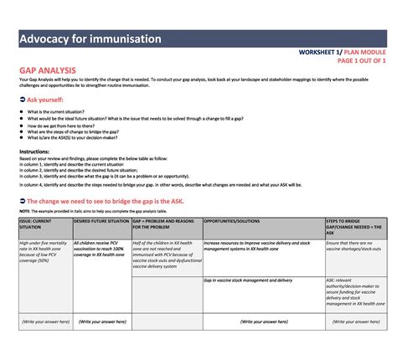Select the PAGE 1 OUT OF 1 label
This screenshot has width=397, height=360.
click(361, 60)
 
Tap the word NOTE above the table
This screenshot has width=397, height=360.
click(24, 211)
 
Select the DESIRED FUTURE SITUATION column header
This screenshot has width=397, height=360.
click(101, 220)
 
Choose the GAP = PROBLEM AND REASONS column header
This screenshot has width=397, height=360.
click(165, 224)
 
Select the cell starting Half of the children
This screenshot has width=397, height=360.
click(165, 254)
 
